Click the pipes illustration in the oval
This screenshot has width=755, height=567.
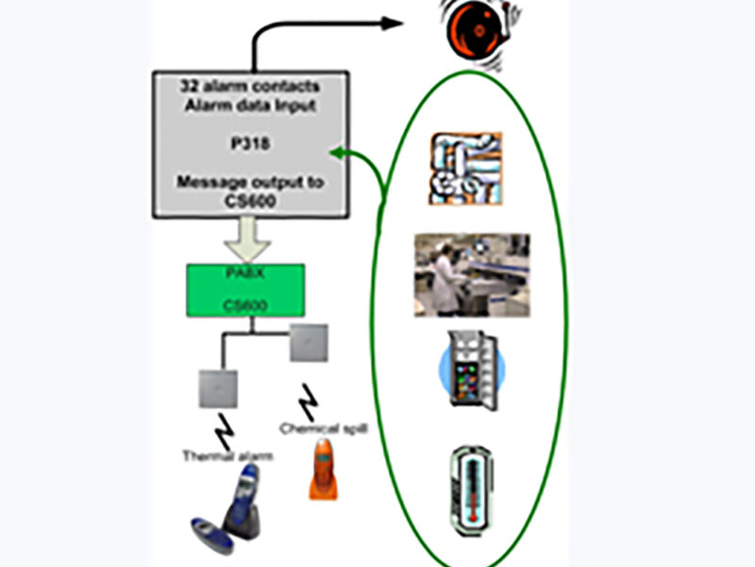click(465, 167)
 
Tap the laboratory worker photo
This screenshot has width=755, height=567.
click(471, 275)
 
